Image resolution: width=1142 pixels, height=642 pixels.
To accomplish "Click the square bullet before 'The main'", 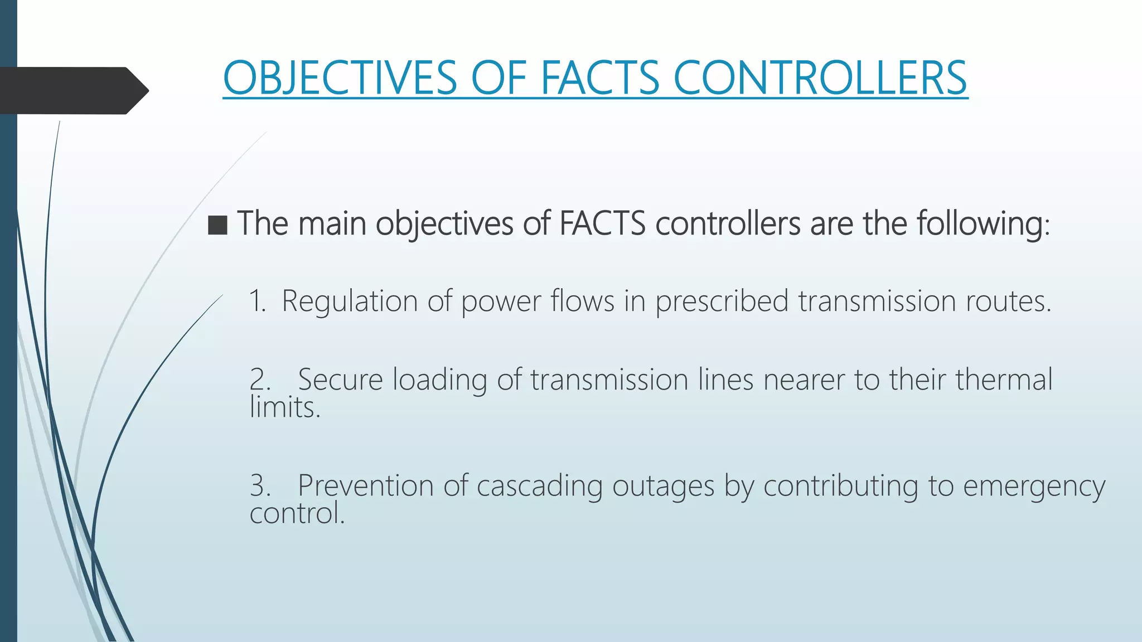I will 217,225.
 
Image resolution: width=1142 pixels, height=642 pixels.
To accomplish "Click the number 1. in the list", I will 257,301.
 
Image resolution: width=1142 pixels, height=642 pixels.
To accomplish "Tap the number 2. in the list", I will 260,380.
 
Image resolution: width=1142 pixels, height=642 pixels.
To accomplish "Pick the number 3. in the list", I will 260,485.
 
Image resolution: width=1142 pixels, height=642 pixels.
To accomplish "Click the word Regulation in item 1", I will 350,301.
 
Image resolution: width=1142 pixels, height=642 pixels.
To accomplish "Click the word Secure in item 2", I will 340,380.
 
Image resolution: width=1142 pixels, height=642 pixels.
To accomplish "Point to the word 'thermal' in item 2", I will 1004,380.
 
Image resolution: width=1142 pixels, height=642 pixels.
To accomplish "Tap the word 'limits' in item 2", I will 284,407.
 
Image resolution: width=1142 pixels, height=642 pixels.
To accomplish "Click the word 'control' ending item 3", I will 297,513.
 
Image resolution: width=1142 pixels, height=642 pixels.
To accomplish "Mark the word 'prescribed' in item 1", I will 722,301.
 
